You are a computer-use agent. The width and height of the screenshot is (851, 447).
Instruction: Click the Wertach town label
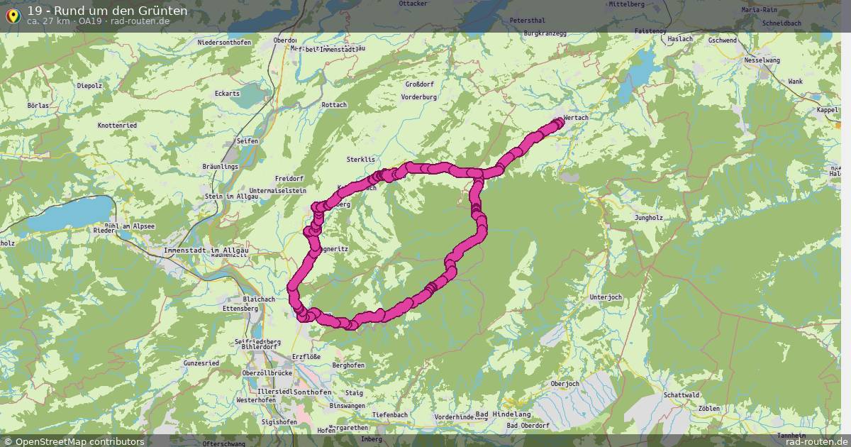click(x=576, y=118)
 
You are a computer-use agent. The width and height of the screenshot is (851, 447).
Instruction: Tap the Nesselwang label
click(x=762, y=60)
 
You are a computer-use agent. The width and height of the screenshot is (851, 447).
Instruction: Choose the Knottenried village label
click(x=117, y=125)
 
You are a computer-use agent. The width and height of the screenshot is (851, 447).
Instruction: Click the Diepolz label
click(x=89, y=85)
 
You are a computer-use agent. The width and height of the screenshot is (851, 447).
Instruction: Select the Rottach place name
click(x=334, y=105)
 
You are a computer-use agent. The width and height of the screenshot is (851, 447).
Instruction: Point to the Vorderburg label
click(x=418, y=96)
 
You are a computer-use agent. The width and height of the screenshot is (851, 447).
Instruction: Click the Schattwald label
click(x=682, y=394)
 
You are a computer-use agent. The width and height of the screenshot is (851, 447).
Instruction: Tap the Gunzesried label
click(x=201, y=363)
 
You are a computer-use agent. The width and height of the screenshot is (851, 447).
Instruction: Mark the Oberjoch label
click(x=564, y=384)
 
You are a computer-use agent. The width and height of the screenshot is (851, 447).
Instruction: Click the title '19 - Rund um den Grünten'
click(x=107, y=11)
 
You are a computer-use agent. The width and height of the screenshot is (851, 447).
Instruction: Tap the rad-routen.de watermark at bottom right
click(x=809, y=441)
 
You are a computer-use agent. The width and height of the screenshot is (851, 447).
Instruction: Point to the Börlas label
click(x=38, y=105)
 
